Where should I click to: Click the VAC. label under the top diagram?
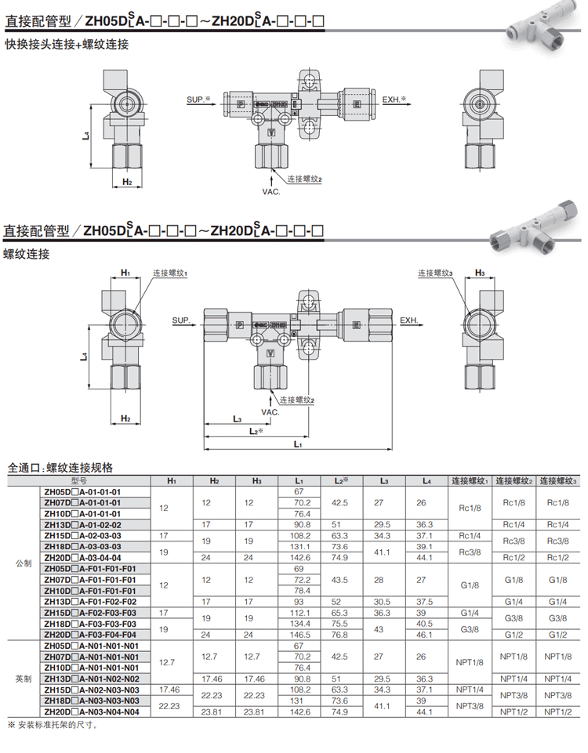pyautogui.click(x=271, y=192)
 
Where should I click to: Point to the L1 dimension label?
pyautogui.click(x=298, y=444)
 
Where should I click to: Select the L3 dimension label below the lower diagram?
pyautogui.click(x=238, y=419)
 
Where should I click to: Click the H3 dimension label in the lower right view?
pyautogui.click(x=480, y=273)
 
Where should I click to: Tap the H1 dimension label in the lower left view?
pyautogui.click(x=125, y=273)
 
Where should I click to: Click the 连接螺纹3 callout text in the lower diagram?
pyautogui.click(x=435, y=273)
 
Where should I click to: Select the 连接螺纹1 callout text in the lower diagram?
pyautogui.click(x=170, y=273)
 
